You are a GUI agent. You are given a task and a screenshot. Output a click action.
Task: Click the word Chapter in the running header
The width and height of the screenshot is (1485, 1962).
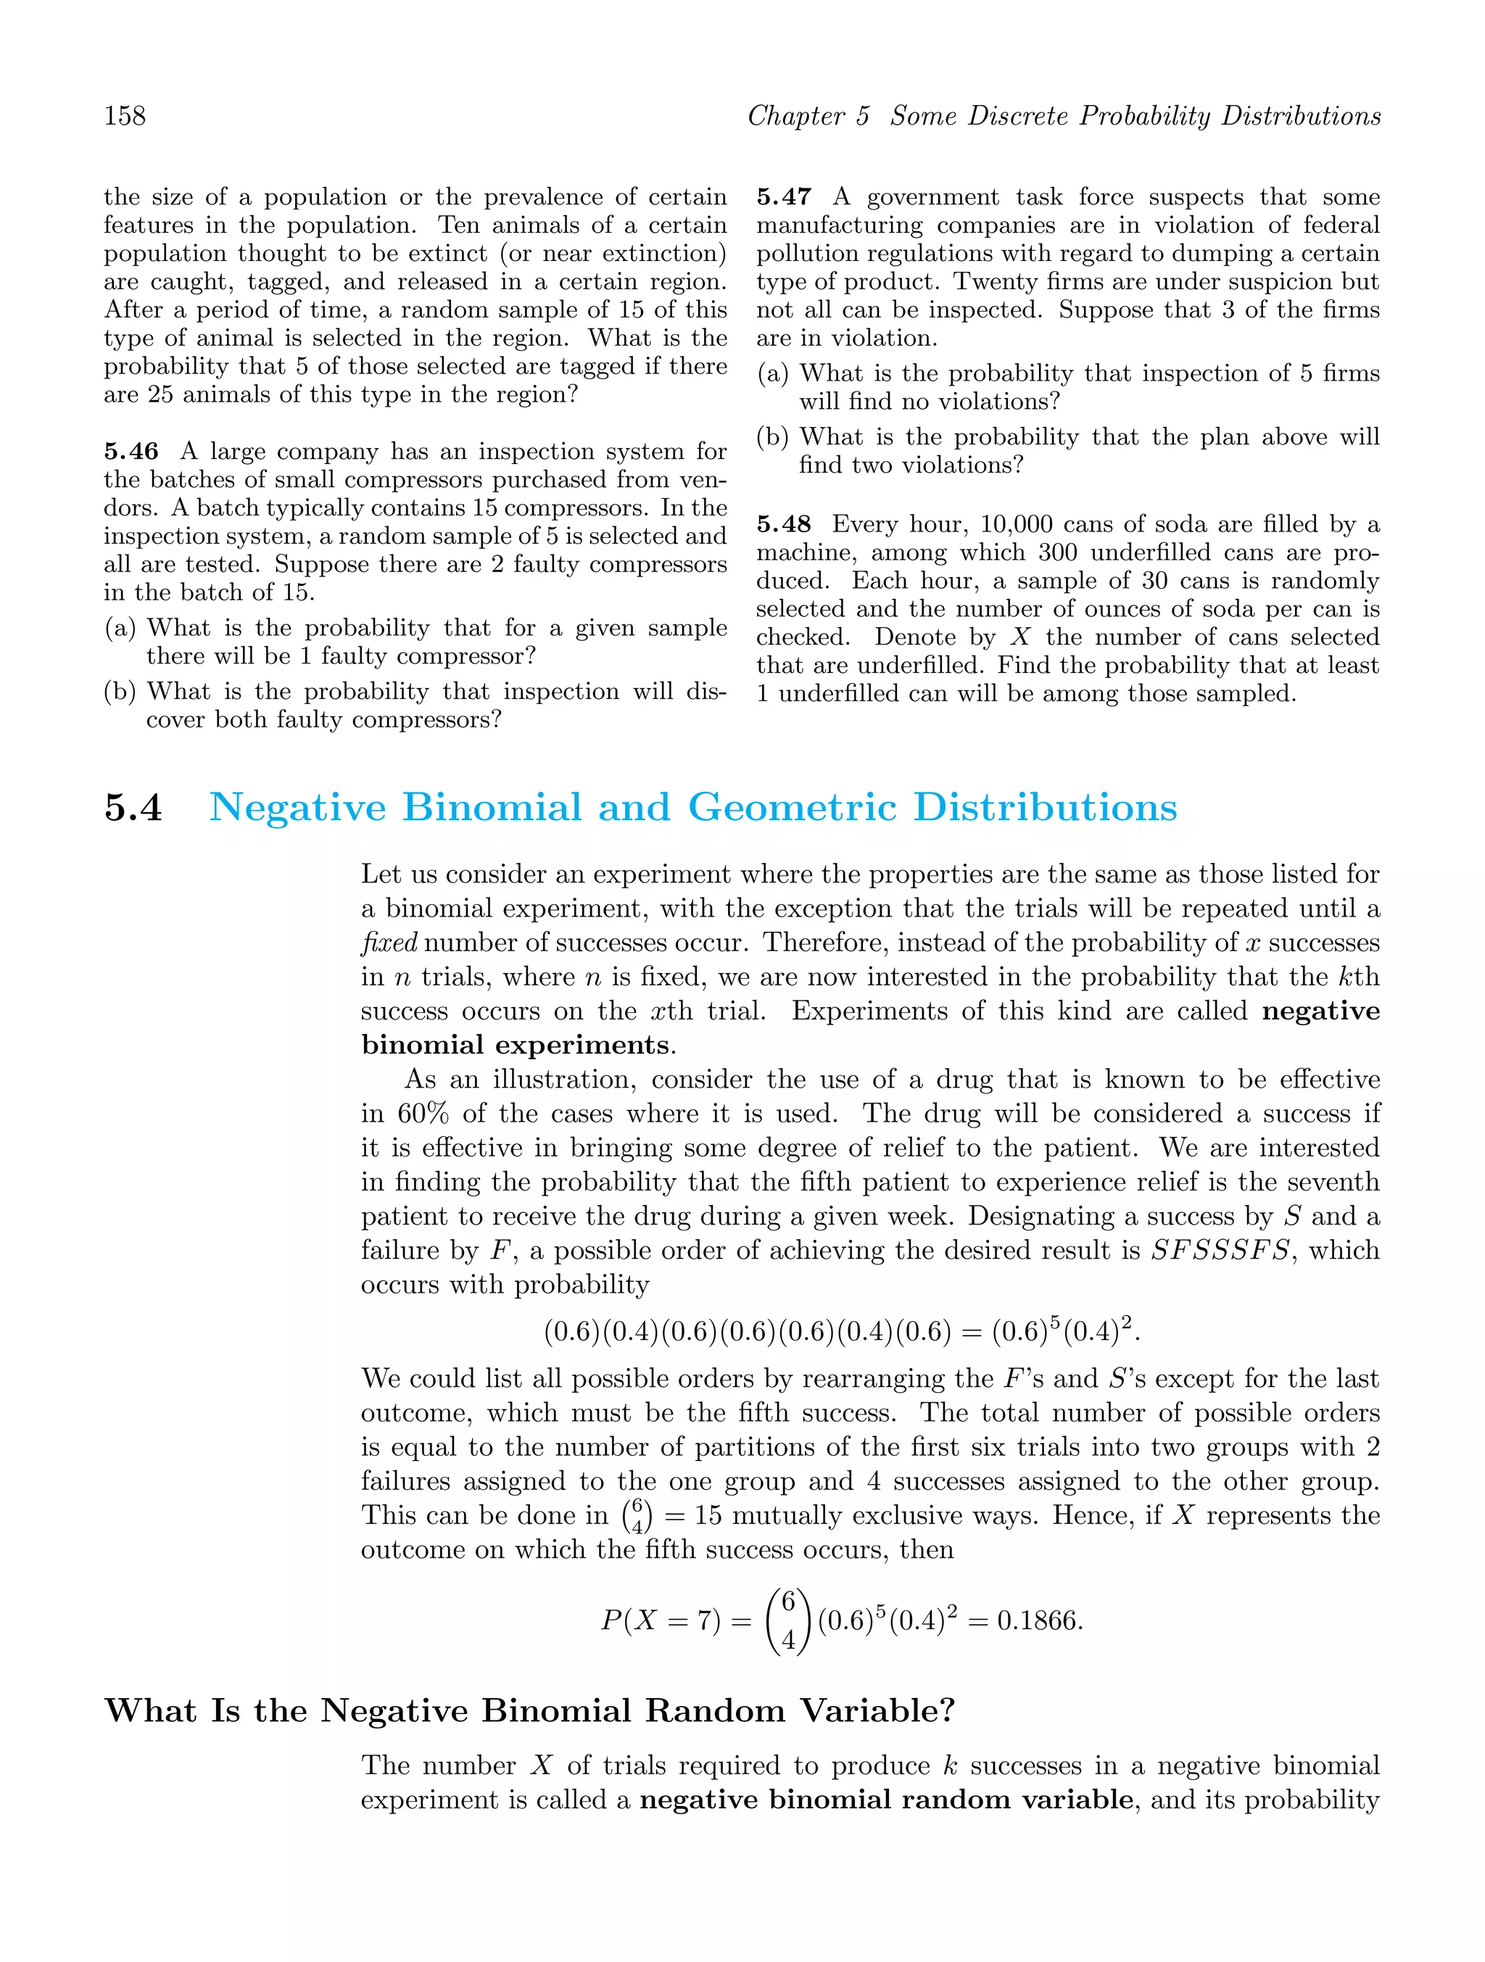(795, 116)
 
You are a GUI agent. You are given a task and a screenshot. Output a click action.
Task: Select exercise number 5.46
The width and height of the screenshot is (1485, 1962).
(131, 452)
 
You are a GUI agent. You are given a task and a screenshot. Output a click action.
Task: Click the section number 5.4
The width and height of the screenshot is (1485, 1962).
(133, 808)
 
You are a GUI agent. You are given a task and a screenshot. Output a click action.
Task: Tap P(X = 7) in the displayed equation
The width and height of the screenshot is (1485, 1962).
(660, 1621)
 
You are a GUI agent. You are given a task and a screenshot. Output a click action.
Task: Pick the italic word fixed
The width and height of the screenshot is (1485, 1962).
(389, 943)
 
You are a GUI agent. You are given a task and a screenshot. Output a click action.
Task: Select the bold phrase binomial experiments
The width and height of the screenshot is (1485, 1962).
(515, 1045)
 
